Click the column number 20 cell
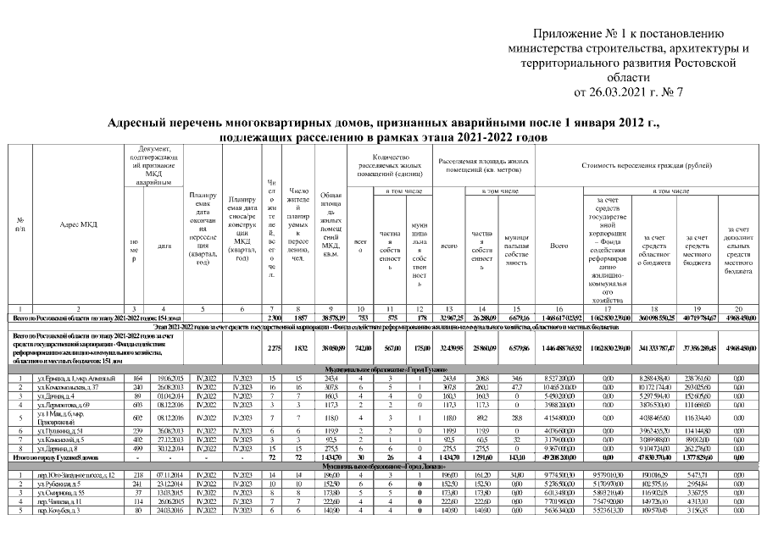point(737,308)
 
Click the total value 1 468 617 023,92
point(559,317)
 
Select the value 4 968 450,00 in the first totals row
point(737,317)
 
